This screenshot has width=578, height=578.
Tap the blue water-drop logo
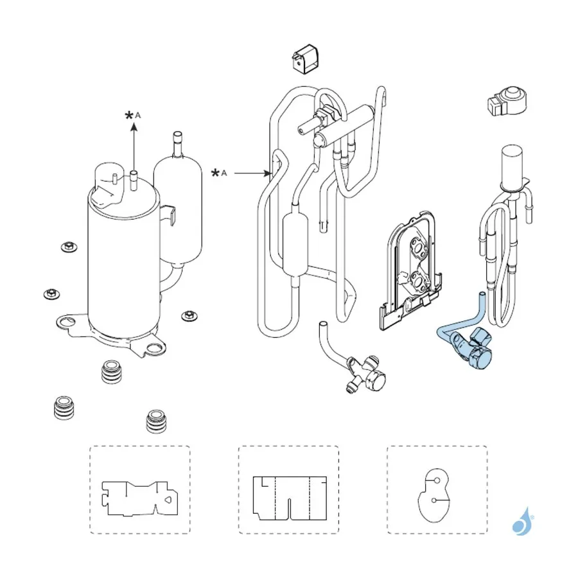523,522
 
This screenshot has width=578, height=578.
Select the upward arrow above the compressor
134,147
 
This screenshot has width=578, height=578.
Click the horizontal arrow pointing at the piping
252,173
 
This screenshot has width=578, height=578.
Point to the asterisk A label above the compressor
133,116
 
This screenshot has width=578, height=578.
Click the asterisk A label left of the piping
219,173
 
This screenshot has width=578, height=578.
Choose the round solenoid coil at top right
507,101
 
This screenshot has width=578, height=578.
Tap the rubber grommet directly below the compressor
111,372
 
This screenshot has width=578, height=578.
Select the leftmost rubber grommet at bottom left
64,408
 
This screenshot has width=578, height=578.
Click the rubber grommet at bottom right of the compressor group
156,421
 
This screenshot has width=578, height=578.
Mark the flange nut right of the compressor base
189,315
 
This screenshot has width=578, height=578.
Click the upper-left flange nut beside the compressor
69,246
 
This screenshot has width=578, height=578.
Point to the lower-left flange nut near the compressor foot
51,293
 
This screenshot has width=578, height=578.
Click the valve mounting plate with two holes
411,271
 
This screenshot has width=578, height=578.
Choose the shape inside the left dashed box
140,498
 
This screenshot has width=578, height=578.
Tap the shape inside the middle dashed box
290,498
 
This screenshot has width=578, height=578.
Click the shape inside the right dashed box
434,495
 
